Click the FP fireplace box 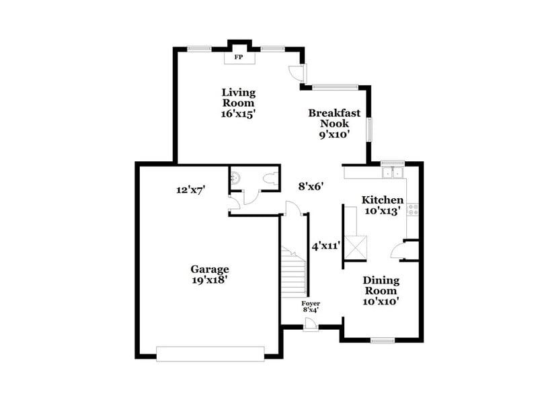coord(239,58)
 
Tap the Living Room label coord(239,103)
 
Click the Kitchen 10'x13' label coord(383,205)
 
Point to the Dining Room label coord(381,291)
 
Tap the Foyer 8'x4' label coord(310,306)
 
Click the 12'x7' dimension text coord(190,190)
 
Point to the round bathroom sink coord(235,179)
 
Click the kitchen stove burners coord(412,210)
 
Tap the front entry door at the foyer coord(310,325)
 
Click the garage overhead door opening coord(210,353)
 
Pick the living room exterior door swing coord(297,73)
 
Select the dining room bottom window coord(382,341)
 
